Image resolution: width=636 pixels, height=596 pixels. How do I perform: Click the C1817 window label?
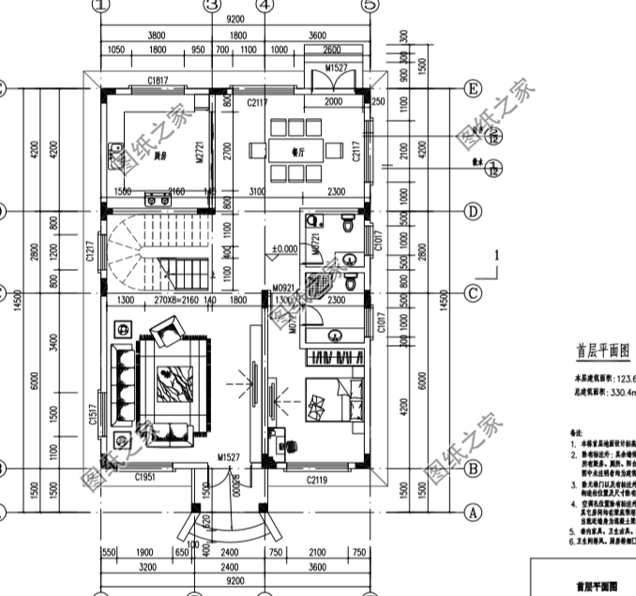tap(157, 81)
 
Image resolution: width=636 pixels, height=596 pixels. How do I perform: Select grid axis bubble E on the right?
tap(473, 89)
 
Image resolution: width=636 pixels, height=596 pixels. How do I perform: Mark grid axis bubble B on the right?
tap(473, 468)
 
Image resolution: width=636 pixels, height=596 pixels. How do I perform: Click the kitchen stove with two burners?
tap(152, 198)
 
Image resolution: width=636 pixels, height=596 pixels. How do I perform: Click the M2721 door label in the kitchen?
tap(200, 155)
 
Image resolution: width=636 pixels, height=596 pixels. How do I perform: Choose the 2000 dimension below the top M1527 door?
tap(332, 101)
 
